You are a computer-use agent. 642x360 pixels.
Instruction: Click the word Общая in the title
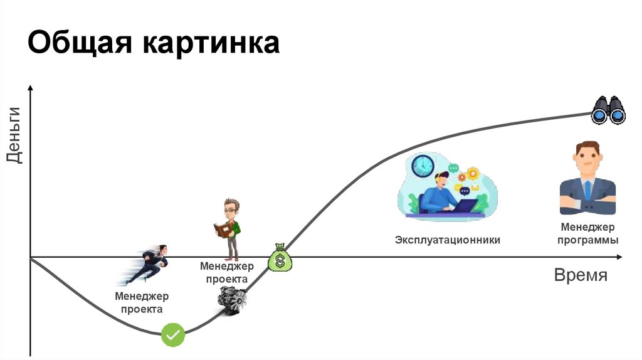coord(81,44)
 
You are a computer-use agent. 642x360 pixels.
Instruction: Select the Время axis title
coord(581,276)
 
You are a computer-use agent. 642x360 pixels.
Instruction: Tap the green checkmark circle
coord(173,335)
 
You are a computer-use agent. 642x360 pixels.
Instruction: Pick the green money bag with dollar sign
coord(280,257)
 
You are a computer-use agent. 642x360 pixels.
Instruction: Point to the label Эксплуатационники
coord(448,240)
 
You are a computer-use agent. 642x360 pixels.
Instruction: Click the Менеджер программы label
coord(587,233)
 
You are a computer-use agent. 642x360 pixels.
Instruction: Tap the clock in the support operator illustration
coord(423,165)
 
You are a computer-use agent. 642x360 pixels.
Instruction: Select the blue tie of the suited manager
coord(587,190)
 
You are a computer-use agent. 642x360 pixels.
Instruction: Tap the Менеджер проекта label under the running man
coord(142,302)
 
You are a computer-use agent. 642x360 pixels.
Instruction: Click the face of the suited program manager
coord(587,160)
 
